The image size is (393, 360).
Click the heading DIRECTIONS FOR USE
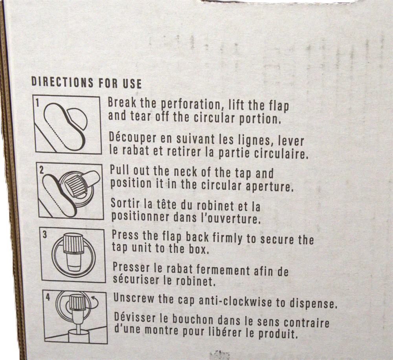[86, 83]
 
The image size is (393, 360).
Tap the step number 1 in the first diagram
[37, 103]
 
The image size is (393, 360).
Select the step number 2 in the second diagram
[42, 170]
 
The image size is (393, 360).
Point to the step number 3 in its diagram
[45, 235]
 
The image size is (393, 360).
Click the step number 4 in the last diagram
[48, 298]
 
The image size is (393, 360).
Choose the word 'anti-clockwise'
[235, 301]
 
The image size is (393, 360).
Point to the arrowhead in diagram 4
[93, 298]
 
